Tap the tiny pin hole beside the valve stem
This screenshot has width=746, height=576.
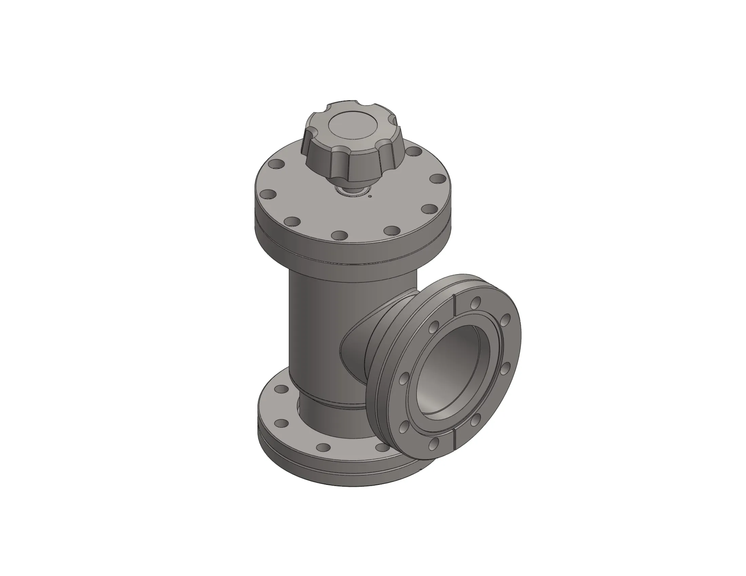[370, 196]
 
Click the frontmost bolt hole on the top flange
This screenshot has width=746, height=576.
[339, 235]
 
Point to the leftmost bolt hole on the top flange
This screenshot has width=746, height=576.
[268, 195]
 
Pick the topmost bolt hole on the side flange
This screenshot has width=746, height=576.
[475, 302]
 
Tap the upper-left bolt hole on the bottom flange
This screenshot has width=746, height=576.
[281, 389]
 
